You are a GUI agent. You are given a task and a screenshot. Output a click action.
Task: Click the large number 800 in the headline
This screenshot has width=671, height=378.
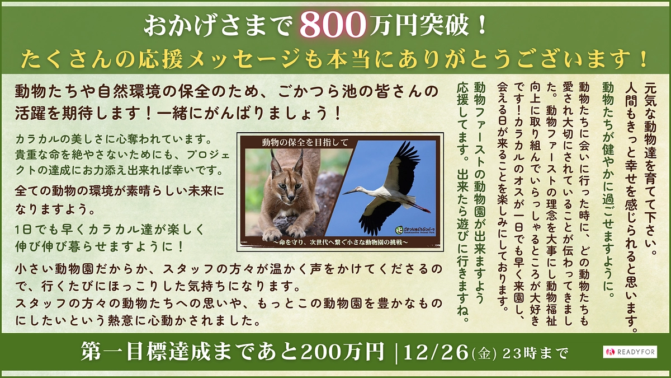[x=332, y=25]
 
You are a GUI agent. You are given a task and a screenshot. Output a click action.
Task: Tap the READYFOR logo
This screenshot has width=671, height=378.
[x=630, y=352]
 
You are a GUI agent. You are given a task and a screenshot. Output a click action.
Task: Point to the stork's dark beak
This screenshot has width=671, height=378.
[x=352, y=192]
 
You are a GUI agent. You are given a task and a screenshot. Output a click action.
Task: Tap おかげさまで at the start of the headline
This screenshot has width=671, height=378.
[x=218, y=25]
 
